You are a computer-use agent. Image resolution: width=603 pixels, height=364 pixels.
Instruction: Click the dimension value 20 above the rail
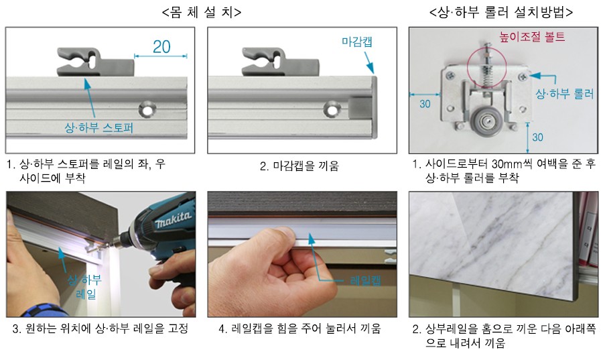pos(161,47)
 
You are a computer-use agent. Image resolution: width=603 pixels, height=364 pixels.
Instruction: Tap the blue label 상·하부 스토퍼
pos(99,128)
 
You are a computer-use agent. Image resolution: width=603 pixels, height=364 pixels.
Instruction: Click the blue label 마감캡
pos(357,42)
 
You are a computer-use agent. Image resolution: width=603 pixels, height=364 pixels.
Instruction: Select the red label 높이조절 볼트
pos(532,37)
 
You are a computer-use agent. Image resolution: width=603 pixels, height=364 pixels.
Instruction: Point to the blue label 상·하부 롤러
pos(565,94)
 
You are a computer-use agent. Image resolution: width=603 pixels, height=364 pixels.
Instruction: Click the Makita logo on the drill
pos(173,219)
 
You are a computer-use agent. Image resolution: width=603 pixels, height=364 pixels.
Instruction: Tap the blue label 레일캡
pos(365,280)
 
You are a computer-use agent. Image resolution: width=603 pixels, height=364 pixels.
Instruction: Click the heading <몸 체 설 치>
pos(202,12)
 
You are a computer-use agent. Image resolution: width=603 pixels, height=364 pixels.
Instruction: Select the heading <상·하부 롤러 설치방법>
pos(501,12)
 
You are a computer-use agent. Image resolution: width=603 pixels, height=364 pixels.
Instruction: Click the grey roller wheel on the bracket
pos(486,121)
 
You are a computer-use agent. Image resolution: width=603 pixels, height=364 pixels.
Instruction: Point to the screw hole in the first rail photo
pos(147,109)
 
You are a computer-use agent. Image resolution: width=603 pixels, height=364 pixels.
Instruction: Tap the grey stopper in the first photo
pos(95,61)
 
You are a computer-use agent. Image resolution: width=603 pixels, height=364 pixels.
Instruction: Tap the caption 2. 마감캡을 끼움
pos(299,166)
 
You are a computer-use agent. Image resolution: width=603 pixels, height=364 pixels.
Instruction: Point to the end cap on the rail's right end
pos(374,107)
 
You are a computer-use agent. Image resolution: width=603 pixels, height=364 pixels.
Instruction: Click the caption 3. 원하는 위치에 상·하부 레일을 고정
pos(100,328)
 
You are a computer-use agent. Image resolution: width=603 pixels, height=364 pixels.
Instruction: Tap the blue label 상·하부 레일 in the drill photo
pos(85,287)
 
